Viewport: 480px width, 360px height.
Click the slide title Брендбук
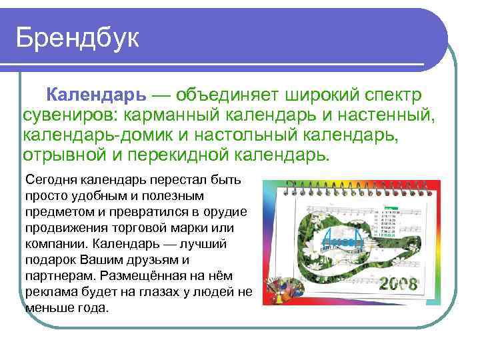78,38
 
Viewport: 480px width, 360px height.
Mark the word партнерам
54,276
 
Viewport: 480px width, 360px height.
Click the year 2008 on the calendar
398,285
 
